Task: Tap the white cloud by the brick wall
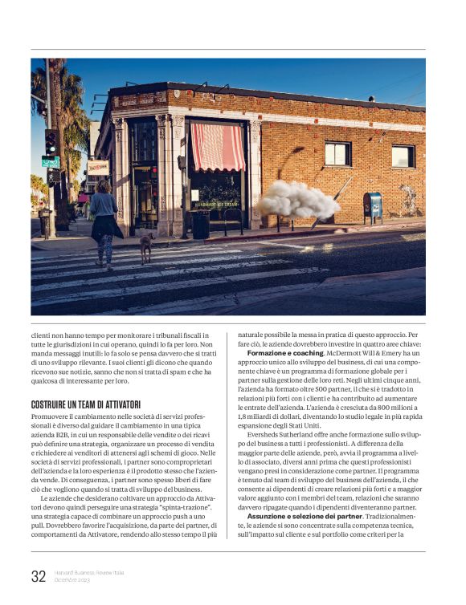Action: point(297,199)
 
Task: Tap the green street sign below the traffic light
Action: point(50,161)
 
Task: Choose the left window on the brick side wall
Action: point(337,153)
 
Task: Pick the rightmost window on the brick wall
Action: point(403,156)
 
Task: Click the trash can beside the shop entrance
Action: point(200,225)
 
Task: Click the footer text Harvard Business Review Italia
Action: point(89,572)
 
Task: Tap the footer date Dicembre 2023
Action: point(72,579)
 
